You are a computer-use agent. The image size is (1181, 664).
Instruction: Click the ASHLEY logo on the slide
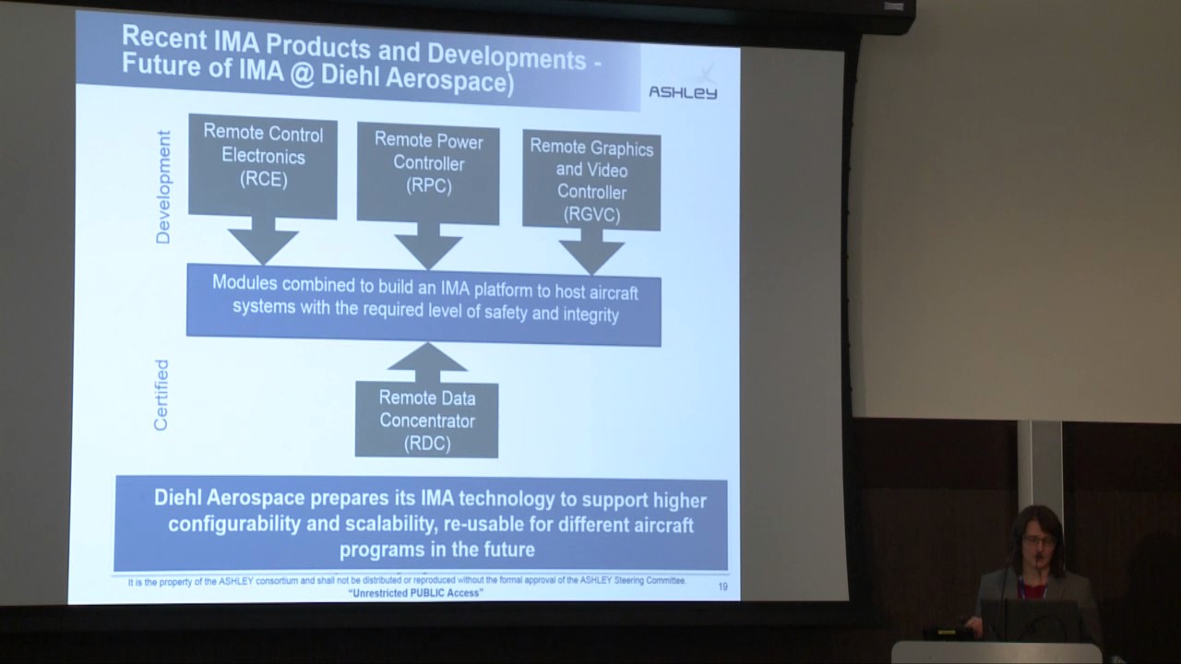pyautogui.click(x=682, y=91)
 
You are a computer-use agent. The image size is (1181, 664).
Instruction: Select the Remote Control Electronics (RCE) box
pyautogui.click(x=263, y=166)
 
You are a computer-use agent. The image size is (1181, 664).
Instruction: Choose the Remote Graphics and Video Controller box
pyautogui.click(x=591, y=181)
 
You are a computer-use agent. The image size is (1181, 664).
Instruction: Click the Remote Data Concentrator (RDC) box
pyautogui.click(x=426, y=421)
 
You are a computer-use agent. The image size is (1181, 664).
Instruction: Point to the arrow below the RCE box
pyautogui.click(x=263, y=242)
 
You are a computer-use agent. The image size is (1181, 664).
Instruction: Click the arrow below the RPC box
pyautogui.click(x=428, y=246)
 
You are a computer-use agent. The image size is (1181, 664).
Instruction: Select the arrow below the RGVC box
pyautogui.click(x=591, y=252)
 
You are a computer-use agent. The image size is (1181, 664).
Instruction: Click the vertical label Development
pyautogui.click(x=163, y=187)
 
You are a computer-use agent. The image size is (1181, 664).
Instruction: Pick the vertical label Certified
pyautogui.click(x=161, y=395)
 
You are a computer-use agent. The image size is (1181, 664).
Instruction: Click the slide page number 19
pyautogui.click(x=722, y=587)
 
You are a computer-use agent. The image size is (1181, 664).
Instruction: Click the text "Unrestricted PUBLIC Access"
pyautogui.click(x=416, y=593)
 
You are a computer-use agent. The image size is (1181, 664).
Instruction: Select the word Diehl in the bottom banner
pyautogui.click(x=176, y=499)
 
